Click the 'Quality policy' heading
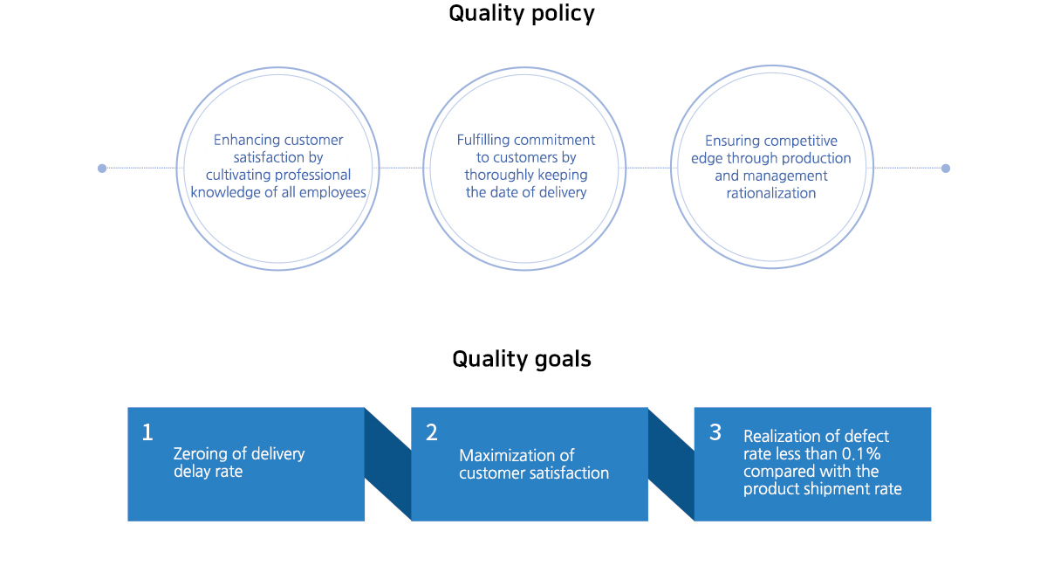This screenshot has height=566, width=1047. [522, 14]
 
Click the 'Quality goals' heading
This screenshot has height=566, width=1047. [522, 360]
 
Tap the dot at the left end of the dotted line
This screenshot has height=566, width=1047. [102, 168]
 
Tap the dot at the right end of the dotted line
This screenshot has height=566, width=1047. [946, 168]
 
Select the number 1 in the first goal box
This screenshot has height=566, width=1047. [147, 432]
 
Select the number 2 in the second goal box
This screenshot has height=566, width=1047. [431, 432]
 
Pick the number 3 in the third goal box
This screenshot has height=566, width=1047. [715, 432]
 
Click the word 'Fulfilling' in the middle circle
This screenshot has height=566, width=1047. [483, 141]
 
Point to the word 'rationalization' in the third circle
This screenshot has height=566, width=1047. [770, 193]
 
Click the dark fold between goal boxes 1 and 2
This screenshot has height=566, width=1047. [388, 464]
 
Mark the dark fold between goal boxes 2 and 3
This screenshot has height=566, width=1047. [671, 464]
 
